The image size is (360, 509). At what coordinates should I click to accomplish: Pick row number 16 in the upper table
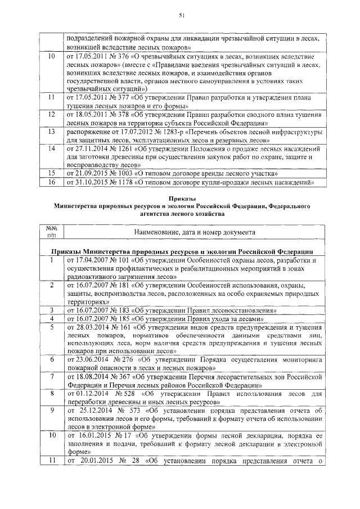point(51,182)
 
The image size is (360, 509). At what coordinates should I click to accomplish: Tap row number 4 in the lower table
point(51,318)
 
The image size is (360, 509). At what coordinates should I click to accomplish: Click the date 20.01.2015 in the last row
point(93,463)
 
